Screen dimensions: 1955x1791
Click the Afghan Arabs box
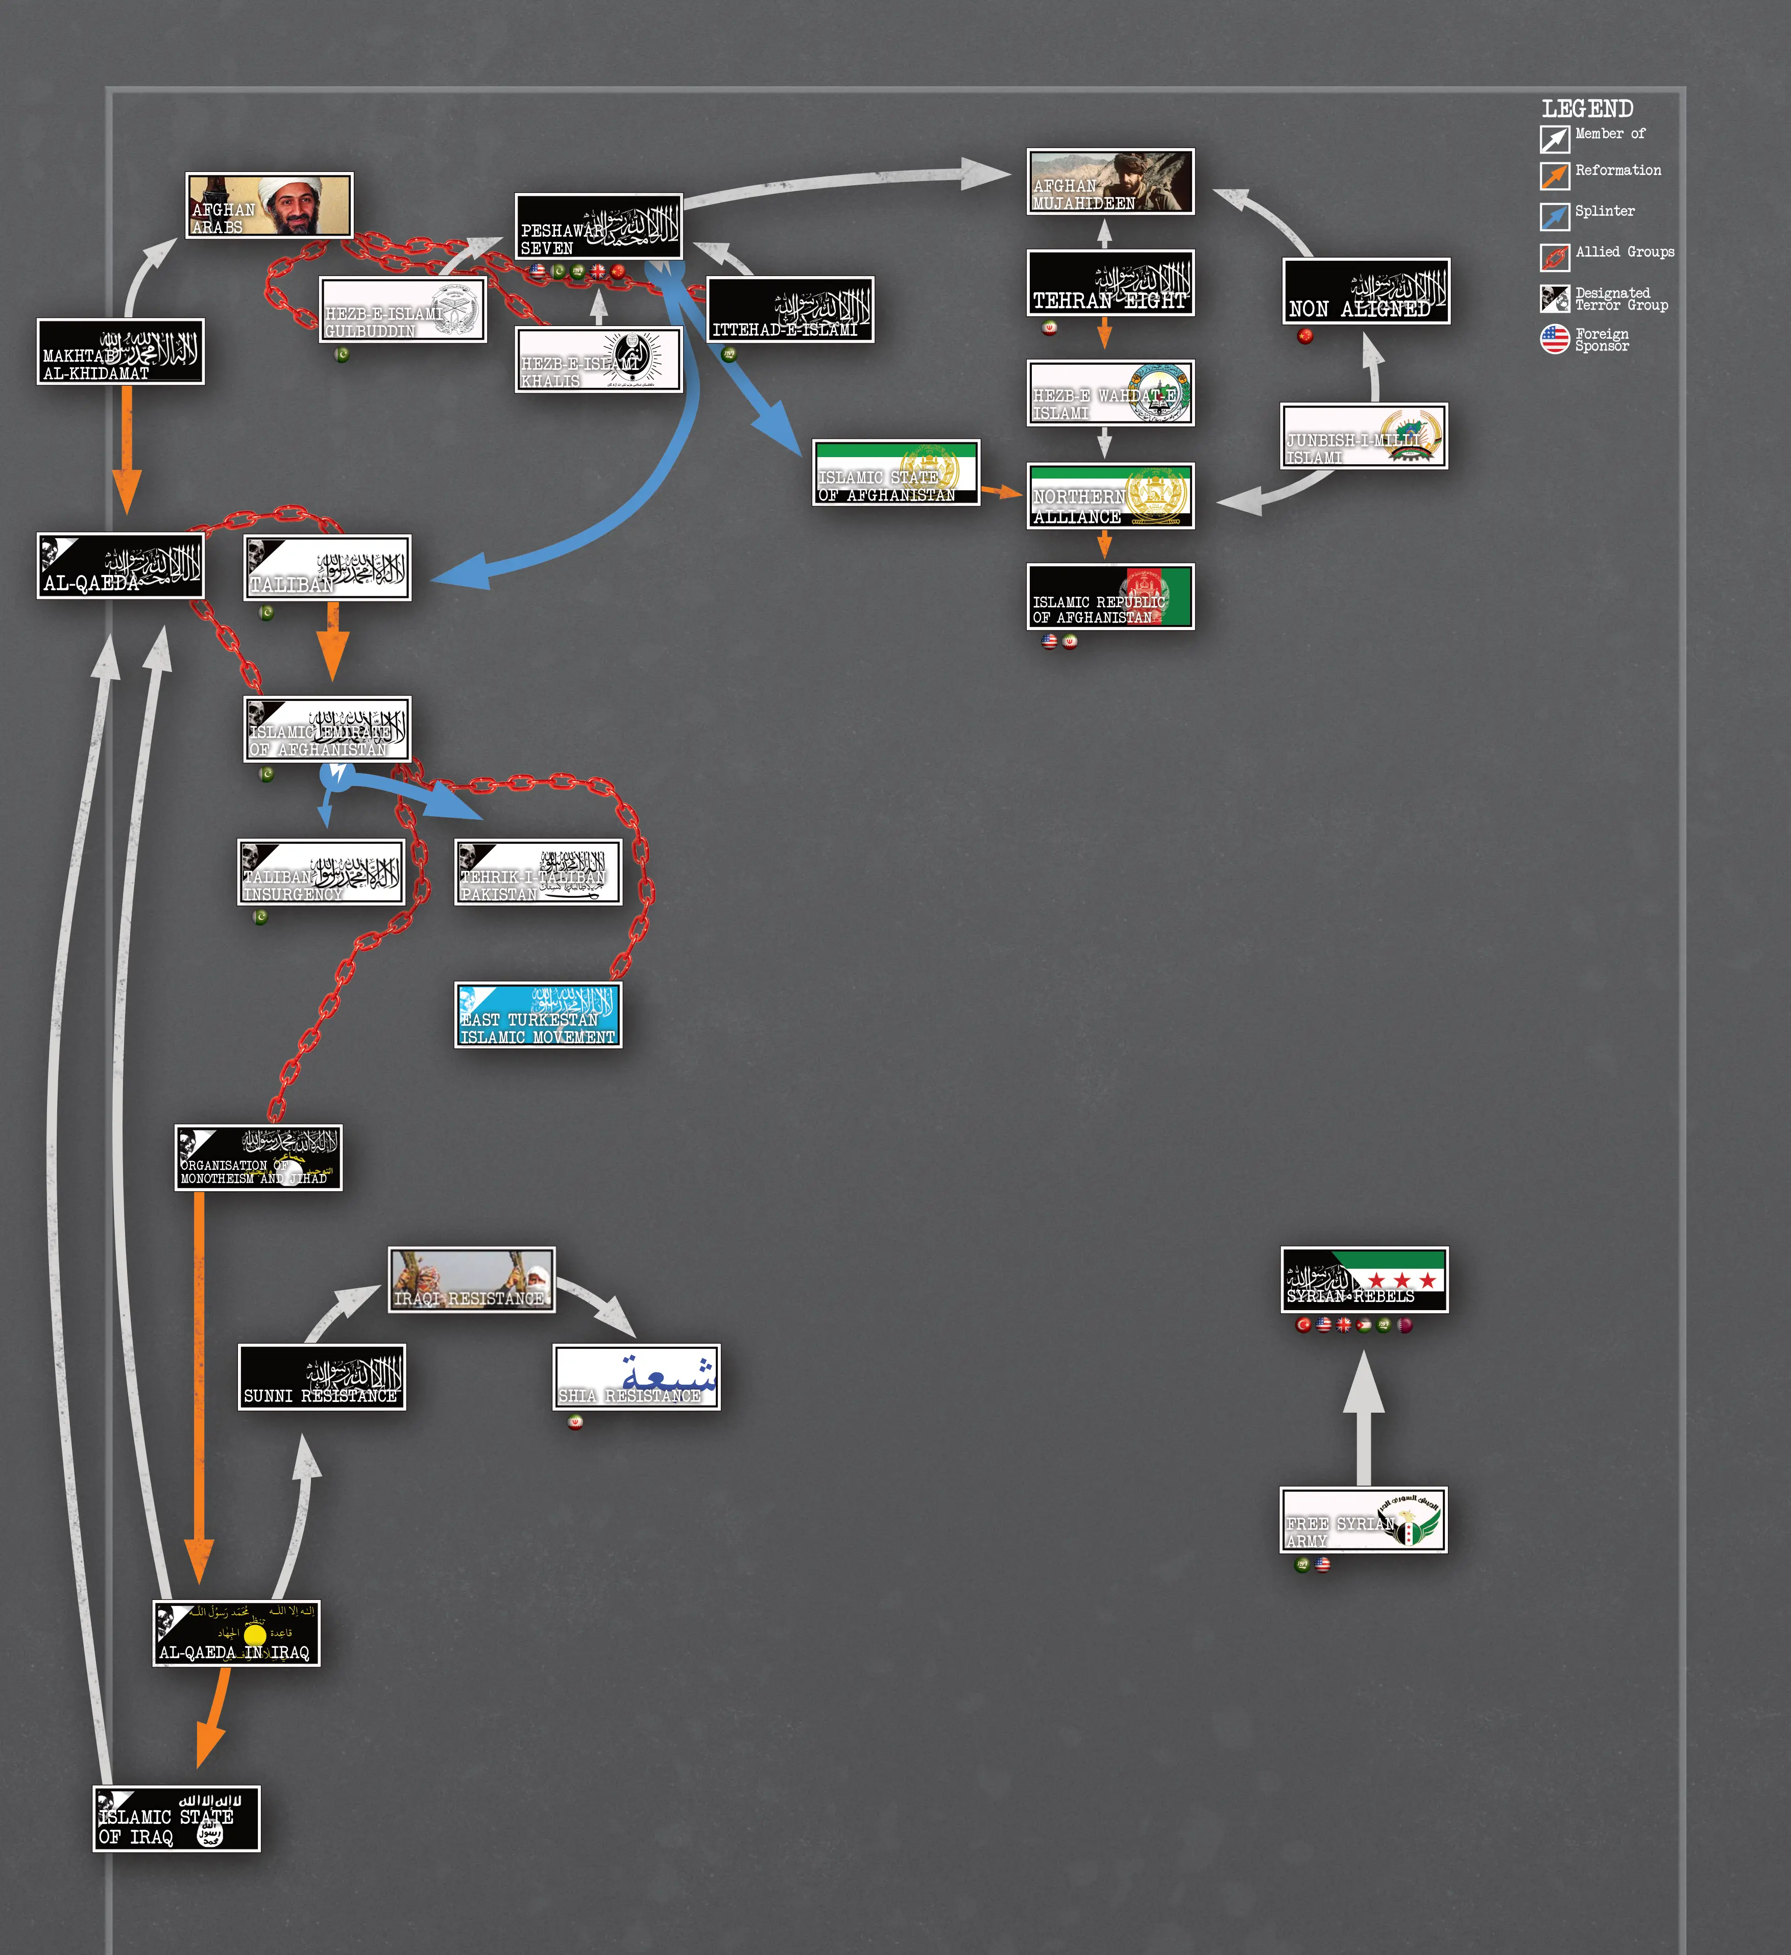(x=269, y=205)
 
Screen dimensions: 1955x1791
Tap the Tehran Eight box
(x=1110, y=283)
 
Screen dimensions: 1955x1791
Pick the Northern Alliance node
(x=1110, y=495)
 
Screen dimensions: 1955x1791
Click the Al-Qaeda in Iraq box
(x=236, y=1633)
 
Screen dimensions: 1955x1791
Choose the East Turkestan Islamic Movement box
(x=538, y=1014)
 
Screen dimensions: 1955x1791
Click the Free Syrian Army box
(x=1363, y=1520)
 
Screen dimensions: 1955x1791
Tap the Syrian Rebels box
(x=1364, y=1279)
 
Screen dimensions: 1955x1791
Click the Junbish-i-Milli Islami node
(x=1363, y=436)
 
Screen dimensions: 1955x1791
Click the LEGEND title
(x=1587, y=109)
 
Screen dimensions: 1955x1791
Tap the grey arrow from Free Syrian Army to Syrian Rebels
(x=1363, y=1416)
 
